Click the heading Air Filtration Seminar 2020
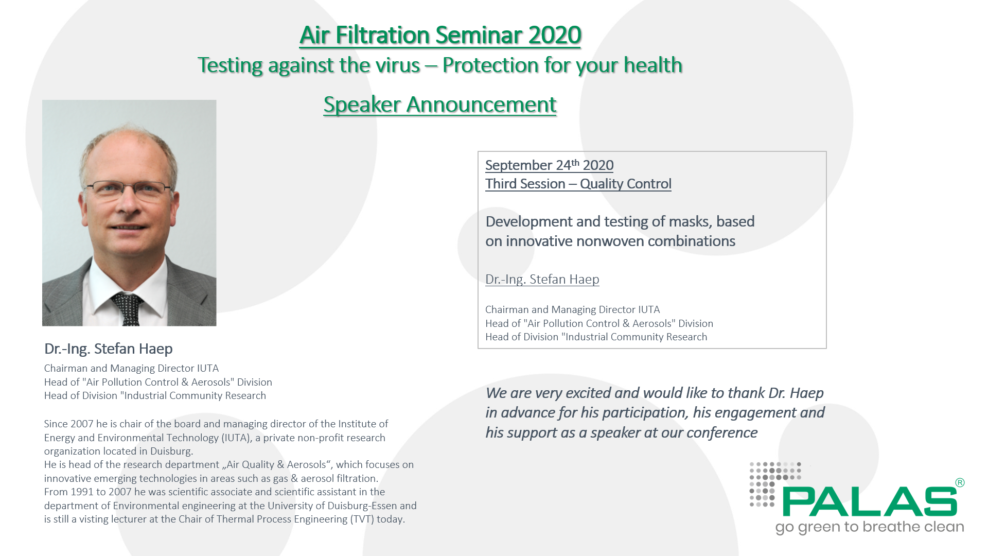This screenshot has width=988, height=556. coord(440,36)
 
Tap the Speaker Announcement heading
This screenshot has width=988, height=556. coord(440,105)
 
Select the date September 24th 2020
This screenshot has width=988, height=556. coord(549,165)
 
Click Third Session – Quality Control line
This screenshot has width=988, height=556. coord(578,184)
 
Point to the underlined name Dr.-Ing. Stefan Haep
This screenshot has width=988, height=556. coord(542,279)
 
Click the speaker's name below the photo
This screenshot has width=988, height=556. coord(108,349)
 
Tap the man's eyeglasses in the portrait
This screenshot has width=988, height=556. coord(127,190)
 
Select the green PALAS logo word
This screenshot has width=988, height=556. coord(870,502)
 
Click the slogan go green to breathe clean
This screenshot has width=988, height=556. coord(870,527)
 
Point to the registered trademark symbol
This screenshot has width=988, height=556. coord(960,482)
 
